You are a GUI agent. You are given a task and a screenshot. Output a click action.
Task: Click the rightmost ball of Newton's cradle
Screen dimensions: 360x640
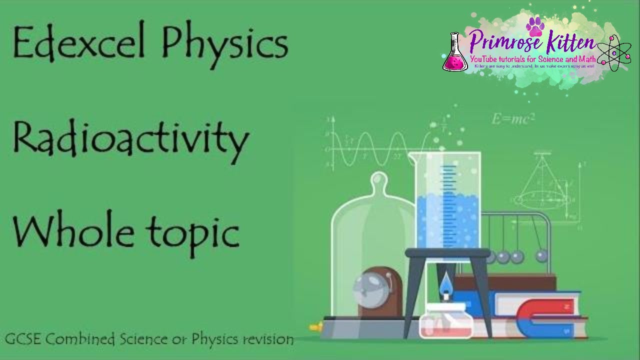click(x=541, y=256)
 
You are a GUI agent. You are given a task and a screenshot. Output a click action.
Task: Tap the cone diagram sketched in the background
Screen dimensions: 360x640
click(x=542, y=185)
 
